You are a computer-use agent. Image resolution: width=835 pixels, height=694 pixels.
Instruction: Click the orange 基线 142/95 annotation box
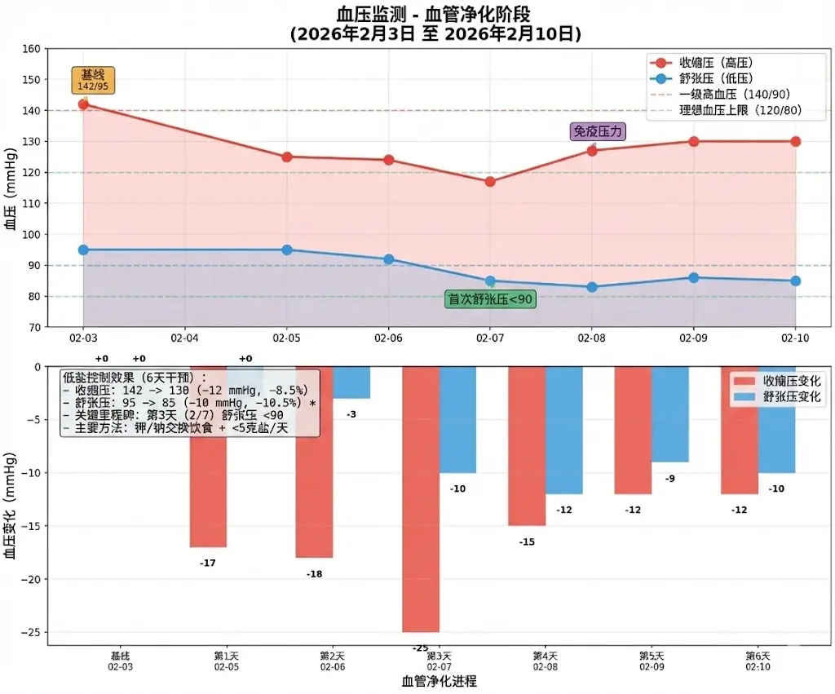93,80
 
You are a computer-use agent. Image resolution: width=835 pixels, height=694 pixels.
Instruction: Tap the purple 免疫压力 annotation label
598,131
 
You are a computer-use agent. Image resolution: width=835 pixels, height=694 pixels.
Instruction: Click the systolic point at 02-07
490,182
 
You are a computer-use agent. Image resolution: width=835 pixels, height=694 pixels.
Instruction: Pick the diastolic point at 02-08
592,287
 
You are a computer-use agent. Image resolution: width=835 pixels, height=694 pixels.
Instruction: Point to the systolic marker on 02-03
83,104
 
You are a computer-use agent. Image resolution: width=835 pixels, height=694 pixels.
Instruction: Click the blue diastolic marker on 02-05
287,250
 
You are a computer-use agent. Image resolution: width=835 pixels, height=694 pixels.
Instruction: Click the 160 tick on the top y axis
31,49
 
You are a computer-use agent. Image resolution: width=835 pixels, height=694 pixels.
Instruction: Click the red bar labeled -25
421,499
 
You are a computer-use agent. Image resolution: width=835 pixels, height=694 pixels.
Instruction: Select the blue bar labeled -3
351,382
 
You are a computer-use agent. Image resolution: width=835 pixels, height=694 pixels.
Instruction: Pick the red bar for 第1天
208,457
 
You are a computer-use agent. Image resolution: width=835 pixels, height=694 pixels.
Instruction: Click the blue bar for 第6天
777,420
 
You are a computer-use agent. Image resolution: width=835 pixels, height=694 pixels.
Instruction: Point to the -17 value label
208,563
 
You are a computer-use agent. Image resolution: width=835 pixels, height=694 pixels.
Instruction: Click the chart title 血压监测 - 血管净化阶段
437,15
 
